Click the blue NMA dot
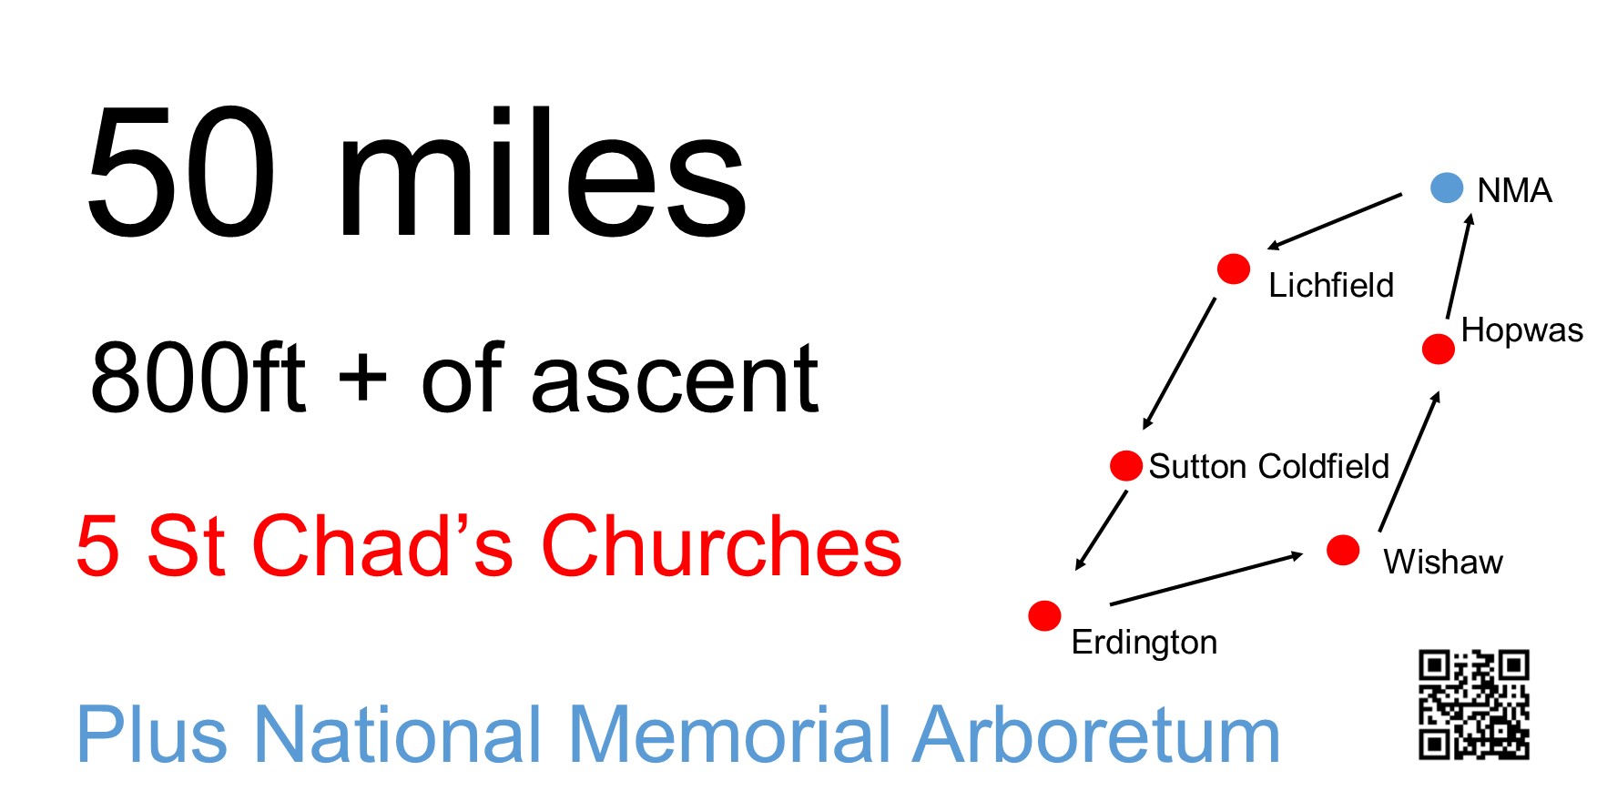(1447, 188)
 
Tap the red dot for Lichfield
(1234, 269)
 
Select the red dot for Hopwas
(1438, 349)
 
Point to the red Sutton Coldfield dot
(1126, 465)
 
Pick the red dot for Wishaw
(1343, 550)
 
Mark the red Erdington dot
(1044, 615)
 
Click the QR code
(1473, 705)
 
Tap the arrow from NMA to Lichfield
(1335, 221)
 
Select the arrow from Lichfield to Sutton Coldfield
(1179, 363)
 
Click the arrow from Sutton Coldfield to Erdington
(1102, 530)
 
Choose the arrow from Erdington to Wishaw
(1206, 579)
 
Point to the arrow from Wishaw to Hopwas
(1409, 461)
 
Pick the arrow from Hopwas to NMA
(1458, 266)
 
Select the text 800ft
(198, 378)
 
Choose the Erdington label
(1144, 643)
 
